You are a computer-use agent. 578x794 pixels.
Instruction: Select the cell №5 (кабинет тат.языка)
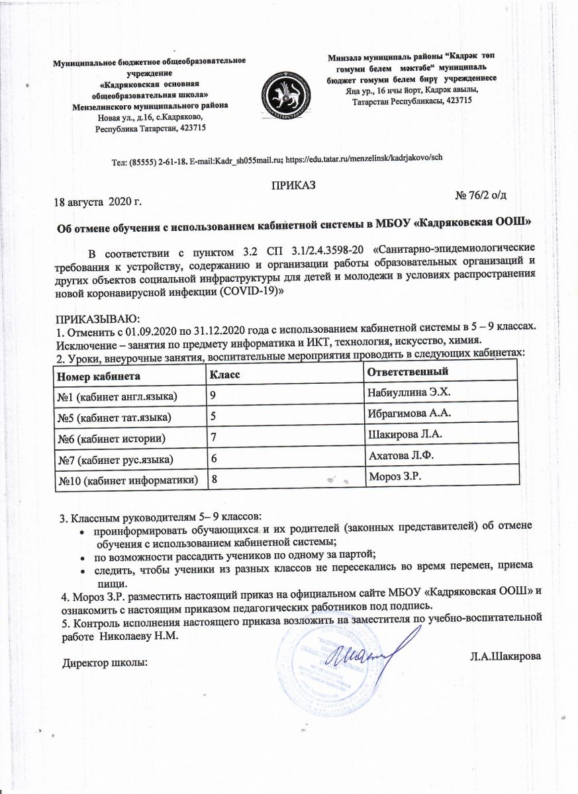(114, 418)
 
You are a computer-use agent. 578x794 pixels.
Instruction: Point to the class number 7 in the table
(213, 437)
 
